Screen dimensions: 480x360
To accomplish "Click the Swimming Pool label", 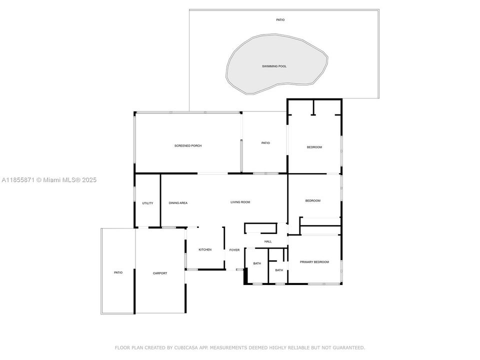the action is [274, 66].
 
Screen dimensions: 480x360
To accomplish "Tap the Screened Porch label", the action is [188, 145].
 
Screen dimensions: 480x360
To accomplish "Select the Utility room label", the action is [147, 203].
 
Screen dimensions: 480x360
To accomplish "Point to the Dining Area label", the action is [178, 203].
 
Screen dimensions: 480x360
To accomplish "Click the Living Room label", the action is [240, 202].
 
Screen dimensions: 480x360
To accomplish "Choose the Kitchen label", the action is [205, 250].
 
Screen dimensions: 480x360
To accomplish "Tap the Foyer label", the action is [234, 250].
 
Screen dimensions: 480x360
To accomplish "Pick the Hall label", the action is [268, 241].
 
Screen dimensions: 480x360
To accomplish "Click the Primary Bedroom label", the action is [314, 262].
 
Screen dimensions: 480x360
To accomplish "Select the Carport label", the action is [160, 273].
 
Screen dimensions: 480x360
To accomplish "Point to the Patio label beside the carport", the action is [118, 272].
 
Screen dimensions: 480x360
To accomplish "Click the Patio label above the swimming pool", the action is [280, 20].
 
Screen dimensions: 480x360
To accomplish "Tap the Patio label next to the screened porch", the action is [265, 143].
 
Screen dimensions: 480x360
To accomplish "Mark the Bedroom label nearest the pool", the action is [314, 147].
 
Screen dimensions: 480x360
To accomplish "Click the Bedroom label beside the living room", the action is [313, 201].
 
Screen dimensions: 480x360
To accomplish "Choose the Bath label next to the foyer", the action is [257, 263].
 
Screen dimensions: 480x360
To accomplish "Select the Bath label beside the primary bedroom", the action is [279, 270].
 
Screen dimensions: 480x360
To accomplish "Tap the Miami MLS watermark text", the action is [49, 180].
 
